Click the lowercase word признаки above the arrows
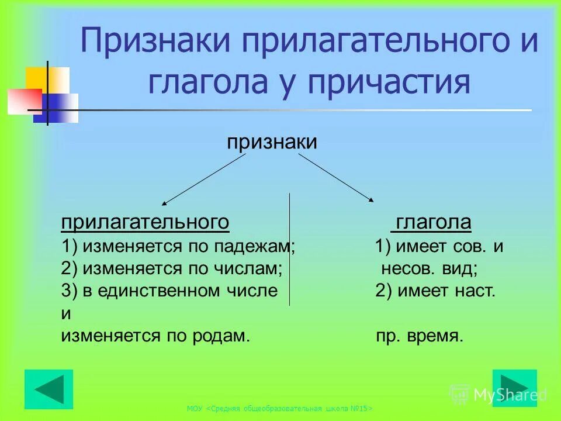(x=272, y=142)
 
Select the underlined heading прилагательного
(x=145, y=223)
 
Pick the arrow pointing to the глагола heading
(x=336, y=177)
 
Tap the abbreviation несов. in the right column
(x=403, y=268)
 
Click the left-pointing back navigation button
(x=49, y=389)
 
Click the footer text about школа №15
(x=280, y=409)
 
